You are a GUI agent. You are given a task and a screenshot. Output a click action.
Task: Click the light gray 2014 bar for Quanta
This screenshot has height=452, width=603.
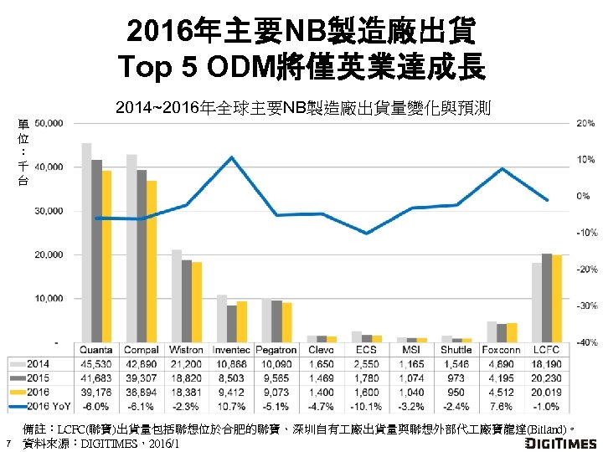click(87, 243)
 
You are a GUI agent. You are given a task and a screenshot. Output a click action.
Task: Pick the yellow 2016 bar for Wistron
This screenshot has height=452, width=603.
click(197, 302)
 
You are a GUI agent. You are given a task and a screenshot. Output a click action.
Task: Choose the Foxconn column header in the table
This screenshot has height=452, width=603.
click(502, 349)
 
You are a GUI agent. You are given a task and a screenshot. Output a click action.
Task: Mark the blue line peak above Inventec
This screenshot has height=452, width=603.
click(231, 157)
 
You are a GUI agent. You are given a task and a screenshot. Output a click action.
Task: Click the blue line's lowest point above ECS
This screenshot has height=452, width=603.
click(367, 234)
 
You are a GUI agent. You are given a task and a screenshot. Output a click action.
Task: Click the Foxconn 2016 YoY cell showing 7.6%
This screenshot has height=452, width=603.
click(502, 408)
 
